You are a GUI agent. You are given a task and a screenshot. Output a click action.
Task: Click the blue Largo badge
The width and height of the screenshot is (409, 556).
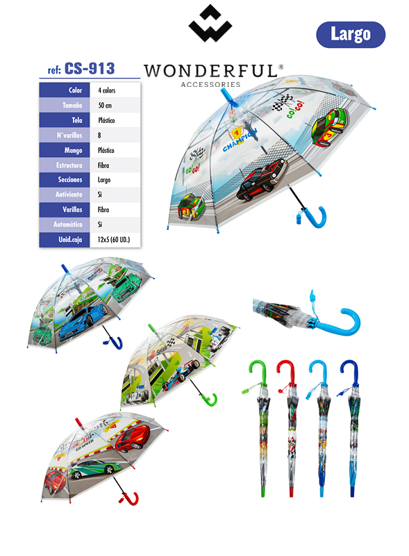point(351,34)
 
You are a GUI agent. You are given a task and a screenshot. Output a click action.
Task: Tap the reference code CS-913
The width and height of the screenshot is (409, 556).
point(90,68)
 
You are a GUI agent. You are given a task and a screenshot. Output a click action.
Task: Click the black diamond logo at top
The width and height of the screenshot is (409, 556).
point(210,24)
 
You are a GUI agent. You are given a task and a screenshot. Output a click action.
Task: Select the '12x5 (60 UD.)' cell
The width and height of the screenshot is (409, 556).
point(115,240)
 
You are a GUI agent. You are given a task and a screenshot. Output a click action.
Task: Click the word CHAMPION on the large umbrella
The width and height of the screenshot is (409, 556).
point(240,141)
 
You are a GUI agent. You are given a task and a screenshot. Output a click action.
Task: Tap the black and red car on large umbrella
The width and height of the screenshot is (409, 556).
point(262,179)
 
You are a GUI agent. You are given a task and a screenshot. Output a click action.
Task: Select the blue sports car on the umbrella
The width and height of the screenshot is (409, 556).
point(83,322)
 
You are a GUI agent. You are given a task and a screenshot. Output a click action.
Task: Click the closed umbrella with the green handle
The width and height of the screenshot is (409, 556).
point(262,425)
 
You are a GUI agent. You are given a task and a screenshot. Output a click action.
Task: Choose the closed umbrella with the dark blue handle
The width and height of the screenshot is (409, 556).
point(353,425)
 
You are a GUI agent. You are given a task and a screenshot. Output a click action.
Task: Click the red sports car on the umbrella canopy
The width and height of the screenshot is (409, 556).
point(131,437)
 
